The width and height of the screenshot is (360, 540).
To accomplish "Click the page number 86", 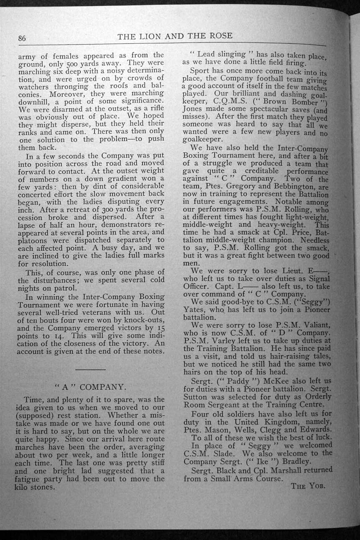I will [x=23, y=38].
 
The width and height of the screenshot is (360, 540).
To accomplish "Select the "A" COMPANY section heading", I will [x=90, y=387].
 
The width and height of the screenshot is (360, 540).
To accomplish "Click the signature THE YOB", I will [x=308, y=486].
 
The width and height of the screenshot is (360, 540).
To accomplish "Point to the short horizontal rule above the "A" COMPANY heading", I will [x=90, y=370].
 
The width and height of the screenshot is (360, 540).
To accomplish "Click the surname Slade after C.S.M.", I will [x=227, y=453].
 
